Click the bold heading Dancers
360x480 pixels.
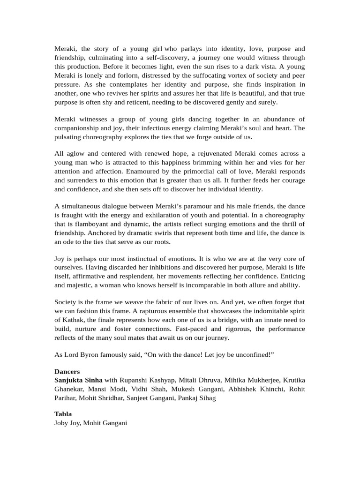tap(67, 372)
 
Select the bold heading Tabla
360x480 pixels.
tap(63, 414)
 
